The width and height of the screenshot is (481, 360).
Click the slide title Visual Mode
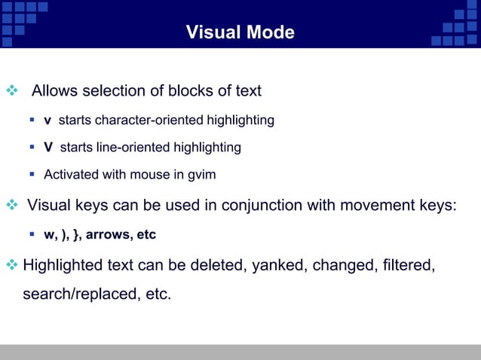pyautogui.click(x=240, y=33)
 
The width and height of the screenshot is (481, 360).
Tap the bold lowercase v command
pyautogui.click(x=47, y=121)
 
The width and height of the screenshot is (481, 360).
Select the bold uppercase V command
pyautogui.click(x=48, y=148)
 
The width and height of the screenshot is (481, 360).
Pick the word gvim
pyautogui.click(x=201, y=175)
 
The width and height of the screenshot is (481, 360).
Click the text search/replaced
pyautogui.click(x=78, y=293)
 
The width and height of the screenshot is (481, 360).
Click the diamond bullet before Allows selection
pyautogui.click(x=11, y=92)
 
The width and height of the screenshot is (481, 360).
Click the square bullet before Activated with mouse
pyautogui.click(x=33, y=175)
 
